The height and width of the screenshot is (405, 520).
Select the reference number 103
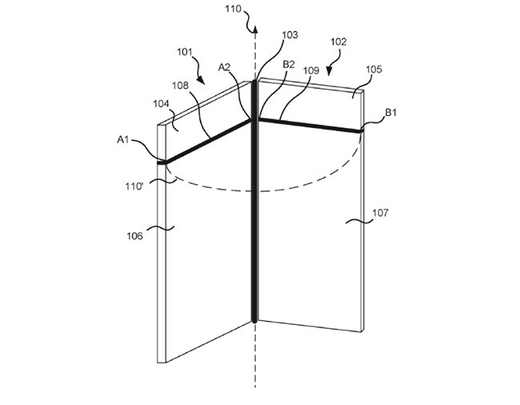pos(290,36)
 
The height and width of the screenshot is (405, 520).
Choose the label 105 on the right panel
pos(374,70)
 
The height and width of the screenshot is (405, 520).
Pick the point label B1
pos(391,113)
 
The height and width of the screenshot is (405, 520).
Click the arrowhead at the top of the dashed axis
pos(254,30)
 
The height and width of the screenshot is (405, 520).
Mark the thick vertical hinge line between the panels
pos(255,200)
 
